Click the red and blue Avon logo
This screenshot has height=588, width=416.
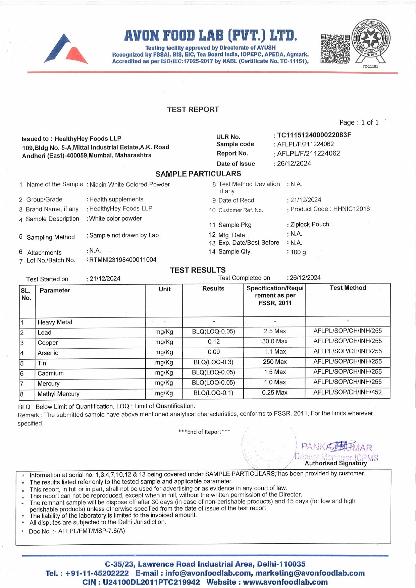pyautogui.click(x=66, y=49)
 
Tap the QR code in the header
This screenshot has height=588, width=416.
pyautogui.click(x=335, y=49)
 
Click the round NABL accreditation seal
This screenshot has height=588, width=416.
pyautogui.click(x=370, y=40)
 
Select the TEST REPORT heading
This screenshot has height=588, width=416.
pyautogui.click(x=193, y=110)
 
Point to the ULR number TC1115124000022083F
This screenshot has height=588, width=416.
pyautogui.click(x=314, y=135)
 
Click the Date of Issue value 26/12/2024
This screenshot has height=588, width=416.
pyautogui.click(x=294, y=164)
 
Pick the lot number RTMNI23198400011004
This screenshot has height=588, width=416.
pyautogui.click(x=123, y=260)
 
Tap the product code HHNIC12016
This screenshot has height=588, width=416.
pyautogui.click(x=351, y=209)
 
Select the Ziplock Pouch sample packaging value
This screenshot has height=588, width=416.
pyautogui.click(x=310, y=224)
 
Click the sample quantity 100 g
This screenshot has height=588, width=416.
pyautogui.click(x=298, y=252)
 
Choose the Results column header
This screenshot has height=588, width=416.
pyautogui.click(x=213, y=289)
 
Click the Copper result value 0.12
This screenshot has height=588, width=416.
pyautogui.click(x=214, y=342)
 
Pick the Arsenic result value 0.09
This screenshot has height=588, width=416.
pyautogui.click(x=214, y=352)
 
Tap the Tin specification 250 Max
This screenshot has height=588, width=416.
pyautogui.click(x=275, y=362)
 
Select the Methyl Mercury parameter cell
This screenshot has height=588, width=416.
pyautogui.click(x=58, y=394)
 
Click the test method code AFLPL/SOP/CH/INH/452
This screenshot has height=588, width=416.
pyautogui.click(x=348, y=392)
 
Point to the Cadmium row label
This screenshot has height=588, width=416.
pyautogui.click(x=50, y=373)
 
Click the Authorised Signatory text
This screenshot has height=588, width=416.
pyautogui.click(x=336, y=463)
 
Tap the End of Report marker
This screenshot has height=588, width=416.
pyautogui.click(x=204, y=432)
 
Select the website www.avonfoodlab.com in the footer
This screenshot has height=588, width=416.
pyautogui.click(x=285, y=582)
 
